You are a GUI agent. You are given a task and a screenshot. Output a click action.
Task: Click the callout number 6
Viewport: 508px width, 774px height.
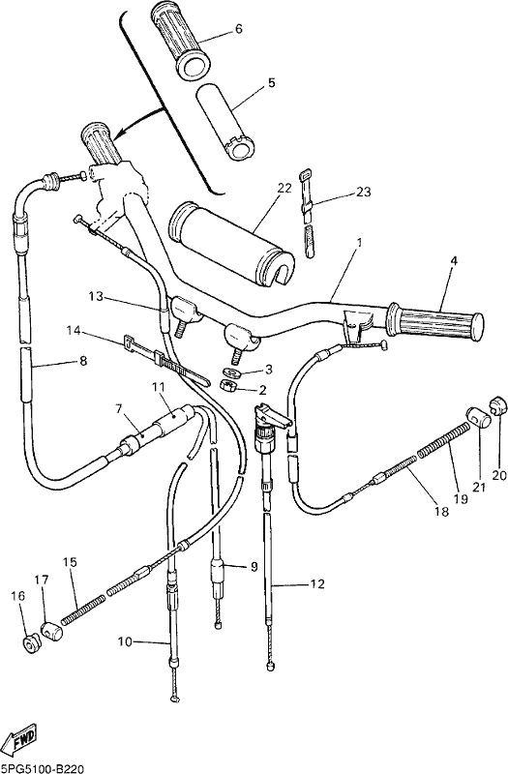point(239,29)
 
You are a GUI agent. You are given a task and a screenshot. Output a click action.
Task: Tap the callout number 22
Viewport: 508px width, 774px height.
point(284,188)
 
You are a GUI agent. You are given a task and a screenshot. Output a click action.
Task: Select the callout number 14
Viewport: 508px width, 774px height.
point(74,330)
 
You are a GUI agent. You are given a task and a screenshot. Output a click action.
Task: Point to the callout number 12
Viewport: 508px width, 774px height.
point(318,584)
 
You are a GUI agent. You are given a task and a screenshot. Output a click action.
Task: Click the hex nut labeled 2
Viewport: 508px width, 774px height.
point(228,386)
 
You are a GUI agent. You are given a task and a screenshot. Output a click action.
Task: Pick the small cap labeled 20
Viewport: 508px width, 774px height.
point(499,404)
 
